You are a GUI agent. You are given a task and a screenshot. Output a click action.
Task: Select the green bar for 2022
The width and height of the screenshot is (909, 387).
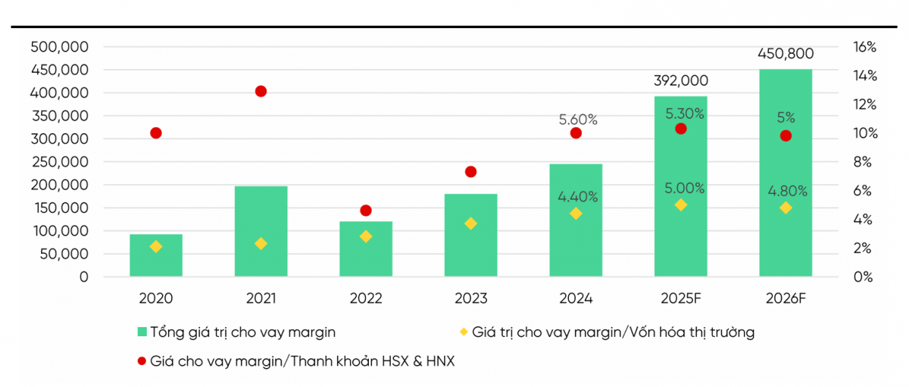coord(366,249)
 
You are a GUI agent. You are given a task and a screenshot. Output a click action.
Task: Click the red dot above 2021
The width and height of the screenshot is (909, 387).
coord(261,92)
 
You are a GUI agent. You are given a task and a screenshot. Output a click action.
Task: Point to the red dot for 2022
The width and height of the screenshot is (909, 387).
coord(366,211)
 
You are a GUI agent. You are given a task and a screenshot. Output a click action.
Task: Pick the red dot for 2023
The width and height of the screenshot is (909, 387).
coord(470,172)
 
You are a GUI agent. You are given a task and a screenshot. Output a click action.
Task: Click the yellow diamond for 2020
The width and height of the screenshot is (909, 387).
coord(156,247)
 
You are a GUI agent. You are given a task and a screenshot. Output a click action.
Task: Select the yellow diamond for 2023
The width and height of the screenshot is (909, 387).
coord(470,223)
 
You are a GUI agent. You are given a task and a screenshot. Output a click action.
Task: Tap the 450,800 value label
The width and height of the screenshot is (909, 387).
coord(786,54)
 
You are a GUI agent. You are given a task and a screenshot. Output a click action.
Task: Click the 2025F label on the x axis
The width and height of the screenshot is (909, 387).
coord(679,298)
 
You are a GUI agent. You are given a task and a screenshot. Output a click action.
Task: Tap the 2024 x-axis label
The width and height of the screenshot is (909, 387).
coord(575,298)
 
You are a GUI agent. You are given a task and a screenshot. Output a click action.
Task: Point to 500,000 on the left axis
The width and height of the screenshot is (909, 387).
coord(60,47)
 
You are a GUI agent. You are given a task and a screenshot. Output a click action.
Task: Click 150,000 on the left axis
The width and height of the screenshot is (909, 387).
coord(60,208)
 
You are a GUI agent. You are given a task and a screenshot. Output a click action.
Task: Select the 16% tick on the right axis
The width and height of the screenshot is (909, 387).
coord(864,47)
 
